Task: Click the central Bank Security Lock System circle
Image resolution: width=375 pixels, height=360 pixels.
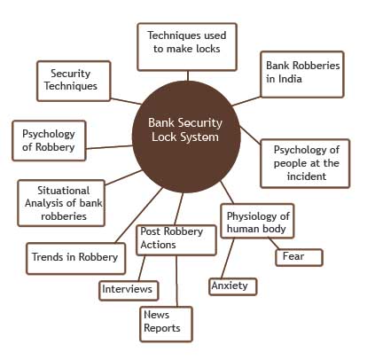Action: [186, 137]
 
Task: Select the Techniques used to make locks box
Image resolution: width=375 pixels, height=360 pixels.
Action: [187, 47]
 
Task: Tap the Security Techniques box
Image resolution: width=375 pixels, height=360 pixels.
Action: [74, 81]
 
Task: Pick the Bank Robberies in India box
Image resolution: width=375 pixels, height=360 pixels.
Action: [302, 74]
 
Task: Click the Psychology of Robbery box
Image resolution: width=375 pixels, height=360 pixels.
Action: [49, 141]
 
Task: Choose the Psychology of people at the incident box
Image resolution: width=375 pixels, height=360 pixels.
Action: [305, 163]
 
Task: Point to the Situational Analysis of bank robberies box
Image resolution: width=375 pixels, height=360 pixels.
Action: [61, 203]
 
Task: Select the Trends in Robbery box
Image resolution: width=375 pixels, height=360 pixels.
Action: [76, 259]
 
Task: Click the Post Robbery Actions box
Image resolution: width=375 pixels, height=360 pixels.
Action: [176, 240]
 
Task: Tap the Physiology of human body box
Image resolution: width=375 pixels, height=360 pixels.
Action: [257, 221]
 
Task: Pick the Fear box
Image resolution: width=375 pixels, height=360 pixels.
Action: [299, 257]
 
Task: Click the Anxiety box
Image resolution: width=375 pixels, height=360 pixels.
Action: [233, 286]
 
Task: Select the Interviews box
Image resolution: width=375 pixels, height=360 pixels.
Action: [129, 291]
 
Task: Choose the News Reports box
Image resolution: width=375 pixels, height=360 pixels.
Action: [166, 325]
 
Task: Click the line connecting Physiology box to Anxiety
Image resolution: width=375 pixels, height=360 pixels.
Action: [228, 258]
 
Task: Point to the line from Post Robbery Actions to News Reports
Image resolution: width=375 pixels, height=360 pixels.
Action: [176, 281]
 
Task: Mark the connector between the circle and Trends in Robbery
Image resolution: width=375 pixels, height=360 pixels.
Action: [139, 215]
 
